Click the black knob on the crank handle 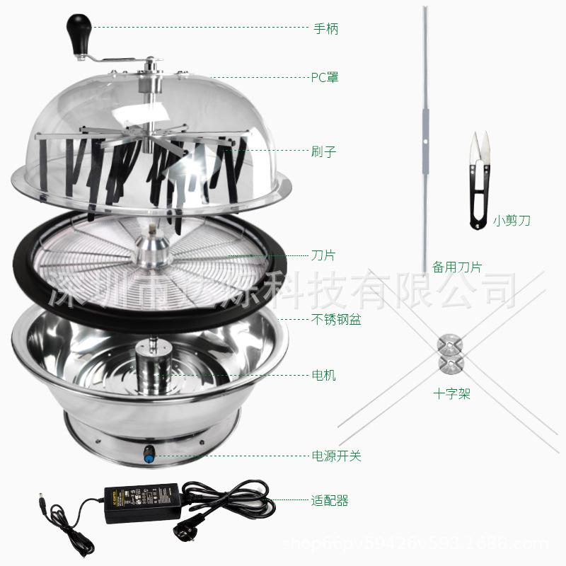coord(76,30)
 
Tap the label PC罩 coord(325,77)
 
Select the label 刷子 coord(323,151)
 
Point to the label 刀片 coord(323,255)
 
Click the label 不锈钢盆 coord(336,320)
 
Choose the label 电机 coord(323,375)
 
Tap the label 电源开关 coord(336,456)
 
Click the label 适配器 coord(330,501)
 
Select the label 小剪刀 coord(512,221)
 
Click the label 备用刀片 coord(457,267)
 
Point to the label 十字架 coord(453,394)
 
